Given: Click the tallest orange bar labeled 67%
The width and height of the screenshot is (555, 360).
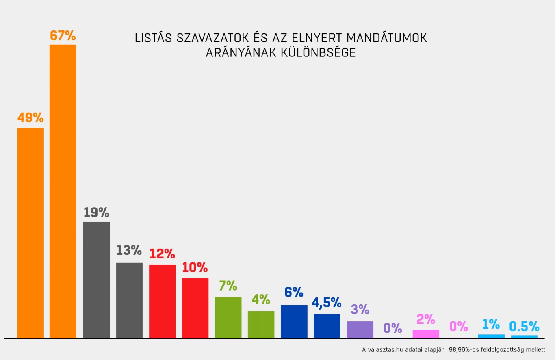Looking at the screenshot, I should point(63,191).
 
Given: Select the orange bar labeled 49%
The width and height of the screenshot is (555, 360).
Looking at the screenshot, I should point(30,233).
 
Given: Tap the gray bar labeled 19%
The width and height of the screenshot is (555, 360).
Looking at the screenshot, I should point(96,280).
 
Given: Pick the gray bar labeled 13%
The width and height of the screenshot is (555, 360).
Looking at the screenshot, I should point(129,300).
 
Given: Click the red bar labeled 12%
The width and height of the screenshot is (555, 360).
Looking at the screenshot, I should point(162,301).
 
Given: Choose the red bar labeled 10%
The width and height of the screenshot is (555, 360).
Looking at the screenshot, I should point(195,308).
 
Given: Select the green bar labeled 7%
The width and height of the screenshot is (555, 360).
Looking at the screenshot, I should point(228,317).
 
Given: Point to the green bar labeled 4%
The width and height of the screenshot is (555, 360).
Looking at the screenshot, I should point(261,325).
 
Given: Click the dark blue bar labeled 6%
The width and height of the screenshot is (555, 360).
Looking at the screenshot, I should point(294,321).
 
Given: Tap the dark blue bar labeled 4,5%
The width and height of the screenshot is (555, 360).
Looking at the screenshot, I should point(327,326).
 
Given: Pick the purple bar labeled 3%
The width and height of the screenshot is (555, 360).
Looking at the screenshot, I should point(360,330).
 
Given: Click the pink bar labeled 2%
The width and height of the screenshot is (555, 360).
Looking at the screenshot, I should point(426,334).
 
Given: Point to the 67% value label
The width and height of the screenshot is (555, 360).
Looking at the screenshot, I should point(63,36).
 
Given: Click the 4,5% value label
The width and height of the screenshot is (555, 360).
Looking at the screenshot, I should point(327,302).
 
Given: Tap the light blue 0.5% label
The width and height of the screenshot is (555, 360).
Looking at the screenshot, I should point(524,326).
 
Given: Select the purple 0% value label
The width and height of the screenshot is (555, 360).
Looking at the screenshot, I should point(393,328).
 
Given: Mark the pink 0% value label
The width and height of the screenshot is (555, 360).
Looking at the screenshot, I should point(459,326).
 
